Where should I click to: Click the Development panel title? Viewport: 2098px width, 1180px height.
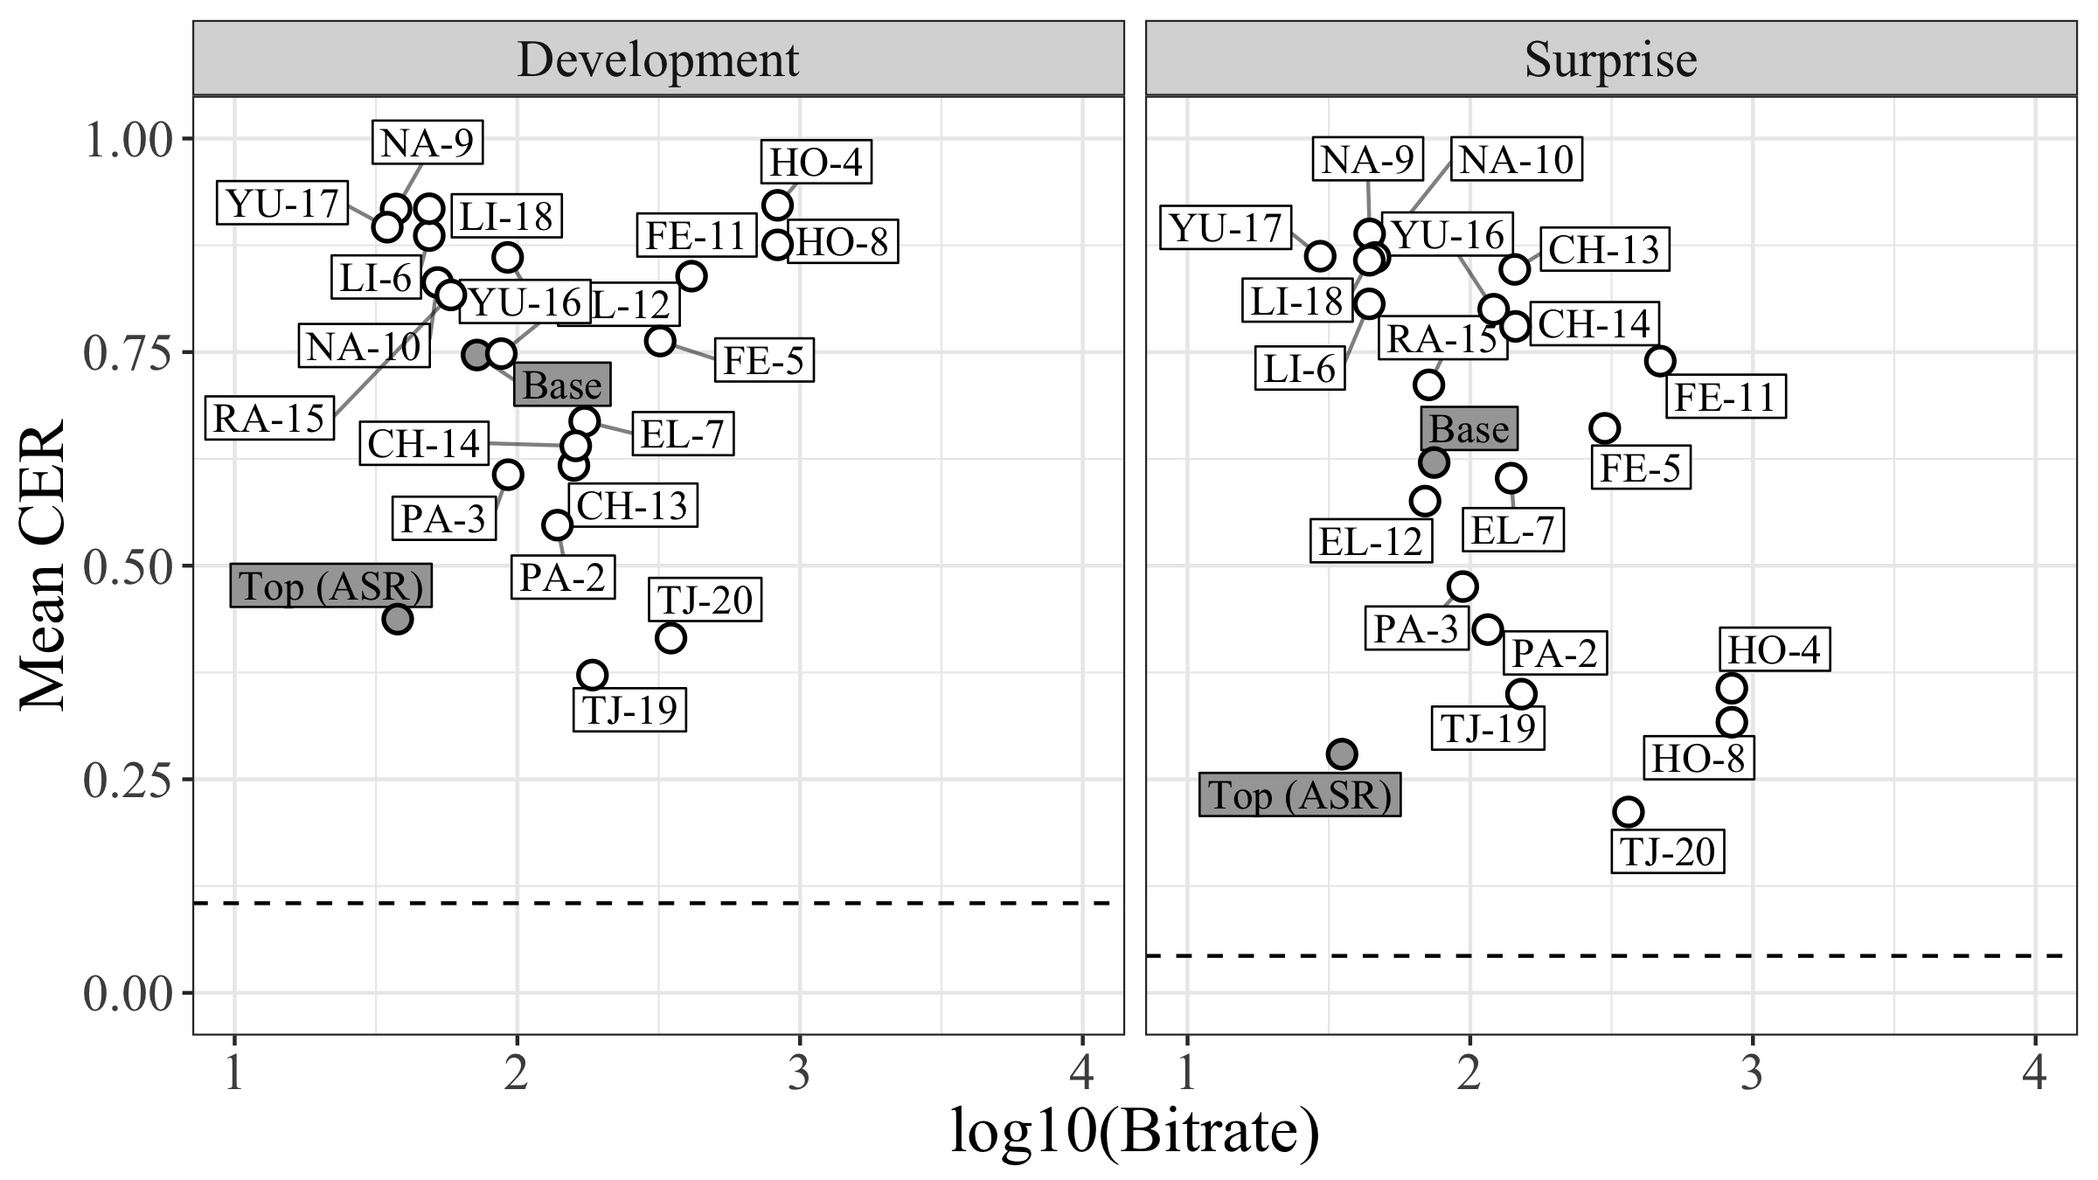[657, 59]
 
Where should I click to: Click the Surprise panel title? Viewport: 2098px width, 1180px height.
[1610, 59]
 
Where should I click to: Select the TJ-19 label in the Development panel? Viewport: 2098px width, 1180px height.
[629, 710]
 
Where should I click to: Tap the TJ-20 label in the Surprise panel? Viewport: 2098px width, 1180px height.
[1668, 851]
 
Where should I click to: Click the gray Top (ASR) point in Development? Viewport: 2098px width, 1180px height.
[398, 619]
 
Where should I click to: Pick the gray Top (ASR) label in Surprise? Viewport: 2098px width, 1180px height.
[1299, 795]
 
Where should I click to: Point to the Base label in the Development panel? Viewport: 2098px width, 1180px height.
[562, 385]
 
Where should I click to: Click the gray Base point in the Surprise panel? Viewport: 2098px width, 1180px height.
[1435, 462]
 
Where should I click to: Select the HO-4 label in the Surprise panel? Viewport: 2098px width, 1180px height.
[1775, 650]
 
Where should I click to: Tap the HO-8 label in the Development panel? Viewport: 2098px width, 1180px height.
[843, 242]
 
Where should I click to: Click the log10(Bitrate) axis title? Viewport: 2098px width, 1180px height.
[1134, 1133]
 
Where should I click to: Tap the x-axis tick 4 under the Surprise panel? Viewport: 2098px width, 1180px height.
[2034, 1073]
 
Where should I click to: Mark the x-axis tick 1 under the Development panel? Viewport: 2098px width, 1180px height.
[234, 1073]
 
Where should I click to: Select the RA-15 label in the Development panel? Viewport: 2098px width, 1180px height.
[269, 419]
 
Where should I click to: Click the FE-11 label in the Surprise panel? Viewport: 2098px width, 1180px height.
[1725, 398]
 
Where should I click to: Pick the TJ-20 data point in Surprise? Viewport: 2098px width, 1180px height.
[1628, 812]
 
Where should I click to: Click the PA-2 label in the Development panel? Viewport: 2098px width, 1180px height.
[562, 578]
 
